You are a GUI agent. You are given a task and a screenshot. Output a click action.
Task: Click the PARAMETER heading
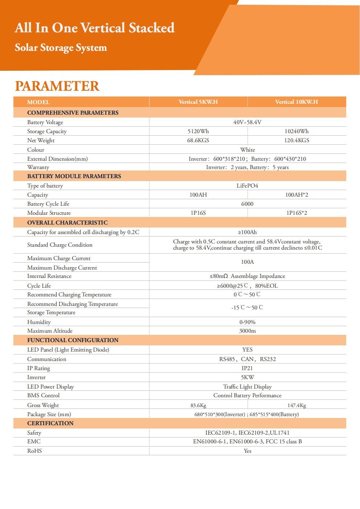[x=57, y=86]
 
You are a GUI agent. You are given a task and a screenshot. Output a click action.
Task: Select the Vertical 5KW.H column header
[x=198, y=102]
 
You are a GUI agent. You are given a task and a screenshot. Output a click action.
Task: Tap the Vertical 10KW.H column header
[x=296, y=102]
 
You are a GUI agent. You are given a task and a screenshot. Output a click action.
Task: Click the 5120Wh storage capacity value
[x=198, y=131]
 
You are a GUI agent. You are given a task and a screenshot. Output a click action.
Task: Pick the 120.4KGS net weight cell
[x=296, y=140]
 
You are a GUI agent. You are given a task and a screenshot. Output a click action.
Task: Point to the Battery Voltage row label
[x=45, y=122]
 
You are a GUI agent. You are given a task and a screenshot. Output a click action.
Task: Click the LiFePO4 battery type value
[x=247, y=186]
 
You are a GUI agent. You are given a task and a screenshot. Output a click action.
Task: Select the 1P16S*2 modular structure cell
[x=296, y=213]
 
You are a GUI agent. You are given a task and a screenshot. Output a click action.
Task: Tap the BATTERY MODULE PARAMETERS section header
[x=74, y=176]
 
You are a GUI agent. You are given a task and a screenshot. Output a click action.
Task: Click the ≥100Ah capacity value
[x=247, y=232]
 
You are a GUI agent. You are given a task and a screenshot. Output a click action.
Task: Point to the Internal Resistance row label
[x=49, y=276]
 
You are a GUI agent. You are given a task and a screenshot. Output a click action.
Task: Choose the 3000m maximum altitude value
[x=247, y=331]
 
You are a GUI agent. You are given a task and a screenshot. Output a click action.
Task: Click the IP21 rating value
[x=247, y=368]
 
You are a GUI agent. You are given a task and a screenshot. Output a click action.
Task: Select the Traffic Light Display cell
[x=247, y=387]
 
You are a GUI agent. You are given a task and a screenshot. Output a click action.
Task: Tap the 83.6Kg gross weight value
[x=198, y=405]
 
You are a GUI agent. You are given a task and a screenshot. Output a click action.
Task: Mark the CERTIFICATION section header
[x=50, y=423]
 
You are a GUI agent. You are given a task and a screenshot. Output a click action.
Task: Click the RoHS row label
[x=34, y=451]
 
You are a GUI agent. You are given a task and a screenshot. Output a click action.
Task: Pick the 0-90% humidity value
[x=247, y=322]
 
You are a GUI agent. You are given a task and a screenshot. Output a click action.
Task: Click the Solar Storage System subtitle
[x=61, y=48]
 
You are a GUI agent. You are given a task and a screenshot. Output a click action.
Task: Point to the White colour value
[x=247, y=150]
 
